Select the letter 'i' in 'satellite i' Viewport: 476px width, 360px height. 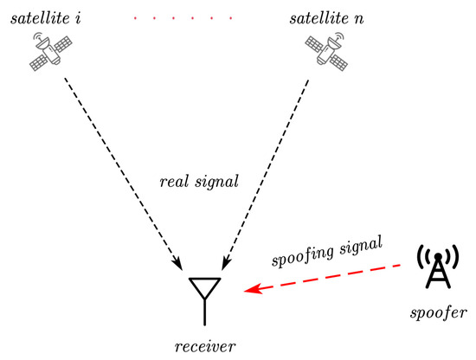tap(79, 17)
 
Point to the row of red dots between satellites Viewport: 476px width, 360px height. tap(188, 17)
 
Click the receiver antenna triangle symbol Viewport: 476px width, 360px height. tap(205, 286)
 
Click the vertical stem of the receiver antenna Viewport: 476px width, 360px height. tap(205, 310)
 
